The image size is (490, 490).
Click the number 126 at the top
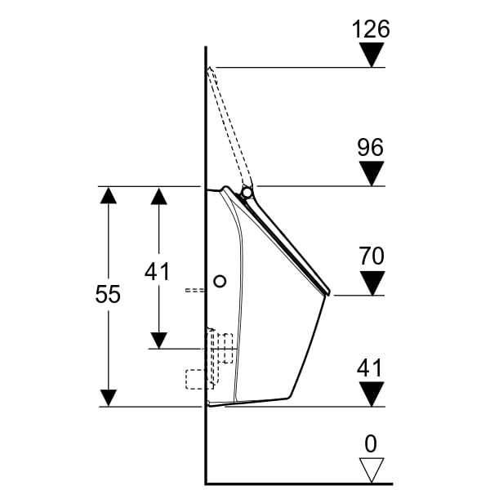(371, 29)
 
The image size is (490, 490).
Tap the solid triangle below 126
(372, 56)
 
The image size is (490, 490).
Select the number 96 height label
(371, 148)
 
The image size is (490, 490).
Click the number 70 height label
(372, 256)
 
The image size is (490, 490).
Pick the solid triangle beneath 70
(372, 283)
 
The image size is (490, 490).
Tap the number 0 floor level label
(371, 443)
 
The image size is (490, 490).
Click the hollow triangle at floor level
(372, 470)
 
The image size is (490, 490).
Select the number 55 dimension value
(108, 295)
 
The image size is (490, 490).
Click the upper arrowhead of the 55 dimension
(108, 194)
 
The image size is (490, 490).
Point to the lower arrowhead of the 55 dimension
(108, 398)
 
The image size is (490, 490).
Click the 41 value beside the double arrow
(157, 271)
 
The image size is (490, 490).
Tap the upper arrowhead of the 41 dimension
(158, 194)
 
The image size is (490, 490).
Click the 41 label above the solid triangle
(371, 367)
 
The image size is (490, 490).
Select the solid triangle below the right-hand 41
(372, 394)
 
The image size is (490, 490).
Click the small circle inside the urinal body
(219, 281)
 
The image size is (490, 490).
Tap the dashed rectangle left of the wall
(195, 379)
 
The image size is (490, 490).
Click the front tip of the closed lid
(327, 291)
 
